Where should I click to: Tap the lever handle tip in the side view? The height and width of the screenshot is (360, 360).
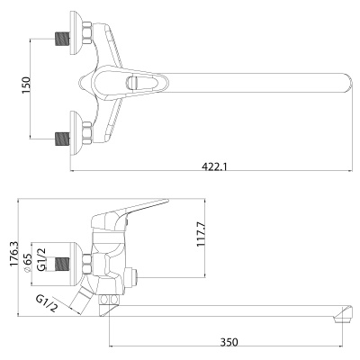(166, 201)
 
